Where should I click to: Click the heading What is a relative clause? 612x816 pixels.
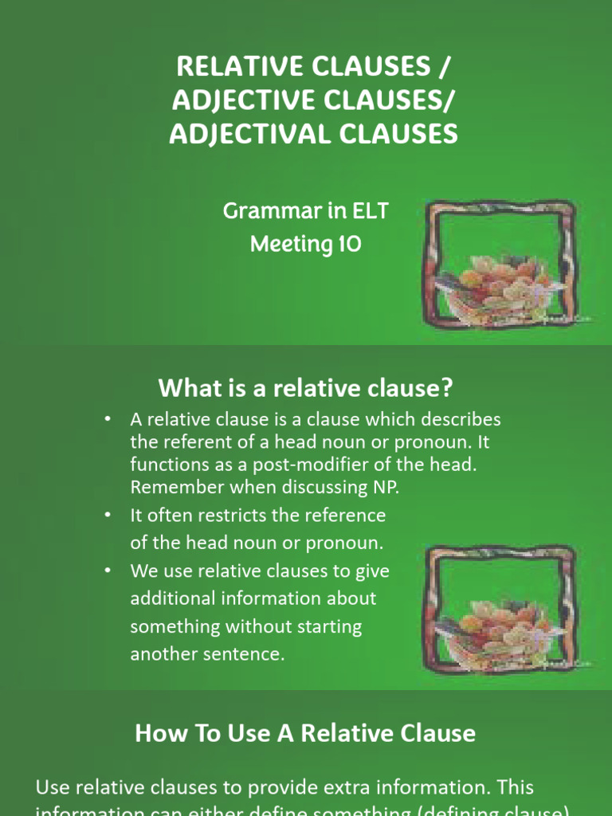pos(306,388)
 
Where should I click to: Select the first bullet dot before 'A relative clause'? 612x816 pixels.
pos(107,419)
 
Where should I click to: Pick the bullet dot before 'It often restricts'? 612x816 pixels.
pos(107,516)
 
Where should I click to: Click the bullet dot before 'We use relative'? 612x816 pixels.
pos(107,571)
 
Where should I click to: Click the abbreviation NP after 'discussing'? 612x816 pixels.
pos(385,487)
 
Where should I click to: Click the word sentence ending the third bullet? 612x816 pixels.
pos(246,654)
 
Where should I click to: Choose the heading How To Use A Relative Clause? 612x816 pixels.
pos(305,733)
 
